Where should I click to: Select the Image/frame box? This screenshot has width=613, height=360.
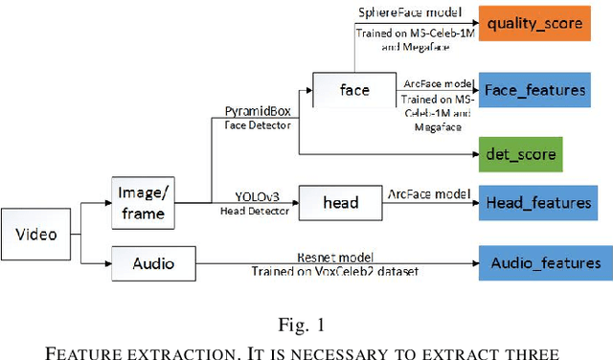click(143, 202)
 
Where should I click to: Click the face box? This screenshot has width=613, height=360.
click(353, 91)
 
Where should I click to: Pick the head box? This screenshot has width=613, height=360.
click(341, 202)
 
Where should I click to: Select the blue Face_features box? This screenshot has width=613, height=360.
click(534, 90)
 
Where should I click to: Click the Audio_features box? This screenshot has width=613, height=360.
click(545, 262)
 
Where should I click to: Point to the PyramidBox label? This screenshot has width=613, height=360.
click(256, 111)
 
